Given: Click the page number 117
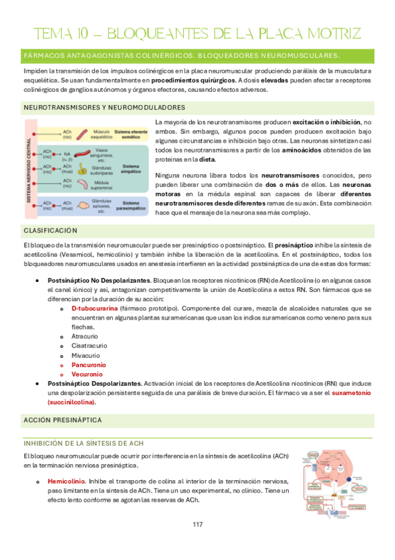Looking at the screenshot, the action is click(x=197, y=524).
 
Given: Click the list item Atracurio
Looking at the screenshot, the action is click(x=87, y=336).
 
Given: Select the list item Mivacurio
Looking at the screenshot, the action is click(x=88, y=355).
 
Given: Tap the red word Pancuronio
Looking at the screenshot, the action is click(x=89, y=365).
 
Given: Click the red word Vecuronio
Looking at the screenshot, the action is click(x=88, y=374).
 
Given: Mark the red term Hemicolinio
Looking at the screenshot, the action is click(x=66, y=481).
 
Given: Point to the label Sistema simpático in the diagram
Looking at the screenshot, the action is click(x=131, y=165).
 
